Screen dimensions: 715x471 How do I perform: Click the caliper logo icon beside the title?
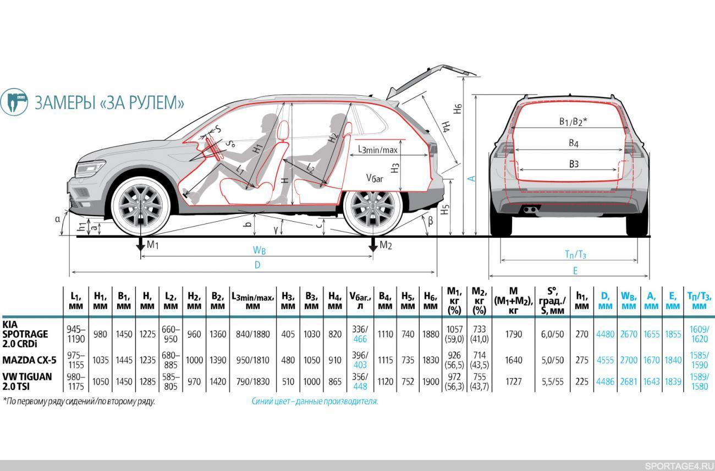tap(14, 102)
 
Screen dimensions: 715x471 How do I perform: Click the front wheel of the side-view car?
tap(141, 206)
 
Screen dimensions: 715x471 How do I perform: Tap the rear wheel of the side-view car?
tap(373, 207)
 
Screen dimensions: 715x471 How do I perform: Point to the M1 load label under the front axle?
tap(152, 245)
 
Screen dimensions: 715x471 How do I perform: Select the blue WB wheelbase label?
tap(259, 250)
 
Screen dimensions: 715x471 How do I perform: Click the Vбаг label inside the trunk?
tap(375, 178)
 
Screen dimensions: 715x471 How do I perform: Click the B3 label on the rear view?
tap(574, 164)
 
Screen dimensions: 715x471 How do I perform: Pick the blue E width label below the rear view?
tap(575, 271)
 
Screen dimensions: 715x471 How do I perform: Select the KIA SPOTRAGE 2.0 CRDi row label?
tap(25, 334)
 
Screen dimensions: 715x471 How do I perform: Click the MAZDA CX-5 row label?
tap(29, 360)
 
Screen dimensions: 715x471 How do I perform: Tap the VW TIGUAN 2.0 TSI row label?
tap(27, 382)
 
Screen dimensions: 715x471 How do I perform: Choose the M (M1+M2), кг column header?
tap(513, 300)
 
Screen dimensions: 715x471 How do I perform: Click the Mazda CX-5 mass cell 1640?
tap(514, 360)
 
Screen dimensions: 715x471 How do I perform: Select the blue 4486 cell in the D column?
tap(605, 382)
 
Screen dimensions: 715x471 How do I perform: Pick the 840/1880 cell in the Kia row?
tap(253, 334)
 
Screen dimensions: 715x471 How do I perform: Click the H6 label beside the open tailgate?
tap(458, 108)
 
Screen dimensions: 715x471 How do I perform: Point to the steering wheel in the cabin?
tap(214, 149)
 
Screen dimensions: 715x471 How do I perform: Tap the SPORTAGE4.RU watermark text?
tap(678, 466)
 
